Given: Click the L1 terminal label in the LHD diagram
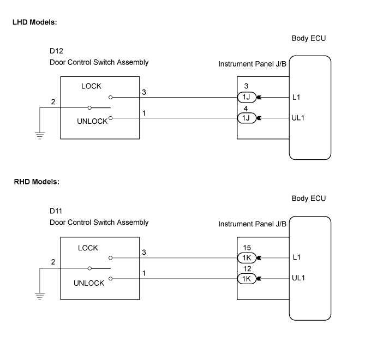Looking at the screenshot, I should click(296, 97).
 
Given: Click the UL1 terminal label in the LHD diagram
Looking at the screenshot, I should click(298, 117).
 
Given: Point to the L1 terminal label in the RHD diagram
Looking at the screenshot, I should click(296, 257).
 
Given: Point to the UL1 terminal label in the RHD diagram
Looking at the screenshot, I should click(298, 278).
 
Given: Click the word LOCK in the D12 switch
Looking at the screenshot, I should click(91, 86).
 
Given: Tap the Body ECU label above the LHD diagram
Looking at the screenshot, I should click(309, 39).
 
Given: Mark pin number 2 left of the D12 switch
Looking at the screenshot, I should click(53, 102).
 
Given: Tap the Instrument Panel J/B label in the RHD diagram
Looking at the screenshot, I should click(252, 224).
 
